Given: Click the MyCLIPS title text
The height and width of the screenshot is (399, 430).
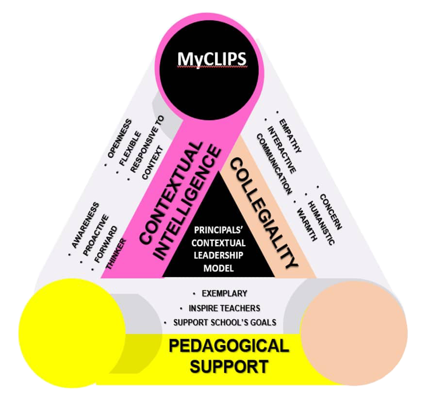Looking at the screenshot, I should pos(212,59).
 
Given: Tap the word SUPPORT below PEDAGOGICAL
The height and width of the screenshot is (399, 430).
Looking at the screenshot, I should pos(228,366).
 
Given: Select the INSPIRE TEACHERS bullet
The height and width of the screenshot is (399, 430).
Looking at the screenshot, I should pos(221,308).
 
